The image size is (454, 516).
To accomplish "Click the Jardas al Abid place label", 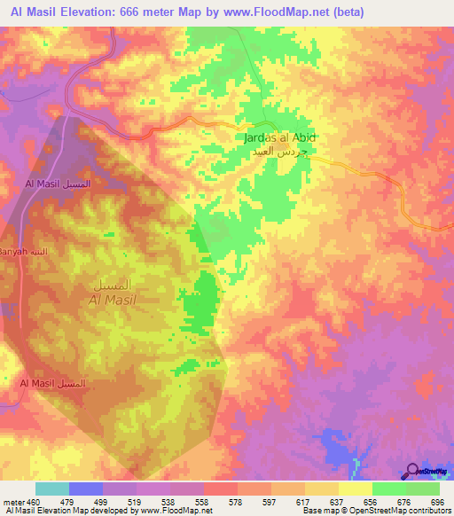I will pyautogui.click(x=279, y=138).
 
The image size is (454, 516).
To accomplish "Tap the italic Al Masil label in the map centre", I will pyautogui.click(x=112, y=300).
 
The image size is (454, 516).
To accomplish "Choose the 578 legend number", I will pyautogui.click(x=235, y=503).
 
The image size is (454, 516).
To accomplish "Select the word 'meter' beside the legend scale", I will pyautogui.click(x=11, y=503).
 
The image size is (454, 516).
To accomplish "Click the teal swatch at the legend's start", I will pyautogui.click(x=52, y=489).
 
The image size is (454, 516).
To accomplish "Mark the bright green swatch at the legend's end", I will pyautogui.click(x=423, y=489).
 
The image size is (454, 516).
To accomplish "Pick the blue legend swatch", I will pyautogui.click(x=86, y=489).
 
